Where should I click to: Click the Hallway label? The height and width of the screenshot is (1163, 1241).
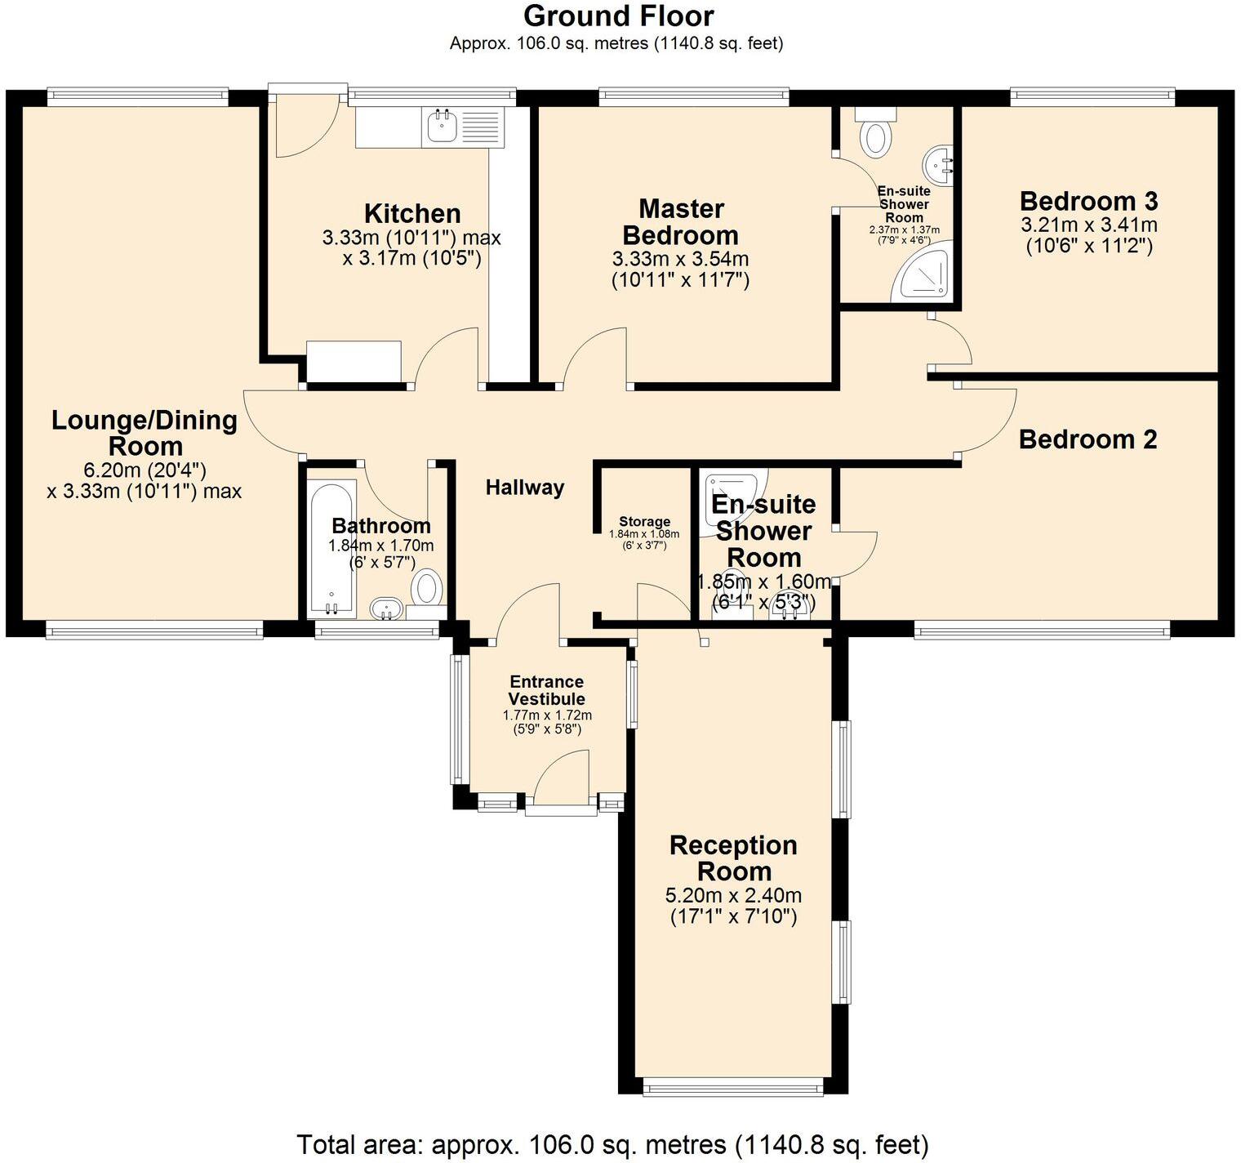[x=525, y=488]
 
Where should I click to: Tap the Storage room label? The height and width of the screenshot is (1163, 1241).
[x=644, y=522]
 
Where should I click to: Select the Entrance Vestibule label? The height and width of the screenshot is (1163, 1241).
[x=547, y=690]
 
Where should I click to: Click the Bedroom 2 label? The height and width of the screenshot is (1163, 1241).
[x=1088, y=439]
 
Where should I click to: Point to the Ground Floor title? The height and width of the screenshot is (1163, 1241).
[x=619, y=16]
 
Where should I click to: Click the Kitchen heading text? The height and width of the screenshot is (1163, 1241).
[x=412, y=213]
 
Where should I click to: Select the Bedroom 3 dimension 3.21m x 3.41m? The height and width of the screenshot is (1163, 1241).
[x=1089, y=225]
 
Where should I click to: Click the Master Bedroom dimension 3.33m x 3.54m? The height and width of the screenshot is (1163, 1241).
[x=681, y=260]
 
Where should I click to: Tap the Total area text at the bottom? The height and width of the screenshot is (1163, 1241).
[x=612, y=1144]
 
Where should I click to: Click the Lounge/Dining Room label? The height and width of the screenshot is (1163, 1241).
[x=145, y=433]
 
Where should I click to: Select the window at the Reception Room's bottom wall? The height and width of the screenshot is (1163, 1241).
[x=732, y=1086]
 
